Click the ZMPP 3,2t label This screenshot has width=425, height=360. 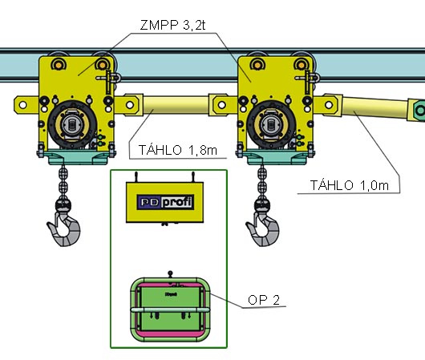click(173, 25)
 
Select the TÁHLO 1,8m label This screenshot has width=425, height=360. click(178, 150)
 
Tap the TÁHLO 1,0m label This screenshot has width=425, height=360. click(350, 185)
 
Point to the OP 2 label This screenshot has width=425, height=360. click(264, 300)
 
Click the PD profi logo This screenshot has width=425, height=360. click(165, 202)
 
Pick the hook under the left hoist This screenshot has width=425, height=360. click(64, 229)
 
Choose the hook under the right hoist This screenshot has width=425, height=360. click(263, 229)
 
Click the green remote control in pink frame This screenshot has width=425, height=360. click(170, 309)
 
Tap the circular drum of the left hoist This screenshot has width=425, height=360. click(72, 124)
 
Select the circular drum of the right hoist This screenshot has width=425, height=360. click(271, 124)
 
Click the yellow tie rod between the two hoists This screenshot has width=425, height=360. click(176, 105)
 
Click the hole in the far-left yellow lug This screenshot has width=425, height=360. click(22, 104)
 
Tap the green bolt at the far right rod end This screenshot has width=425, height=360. click(420, 110)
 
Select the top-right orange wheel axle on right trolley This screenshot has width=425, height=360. click(302, 64)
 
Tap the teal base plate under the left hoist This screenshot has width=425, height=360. click(78, 158)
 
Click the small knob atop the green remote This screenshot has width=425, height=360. click(170, 273)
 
